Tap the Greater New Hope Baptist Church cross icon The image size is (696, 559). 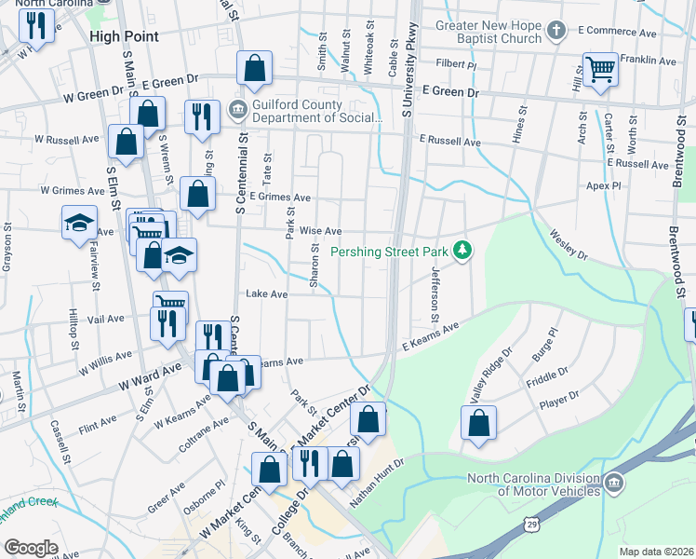pos(555,32)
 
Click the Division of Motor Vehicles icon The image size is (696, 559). pos(614,484)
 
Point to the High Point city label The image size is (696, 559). pos(124,36)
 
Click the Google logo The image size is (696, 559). pos(30,547)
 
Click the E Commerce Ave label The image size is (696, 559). pos(616,32)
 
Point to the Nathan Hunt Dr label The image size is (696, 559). pos(378,483)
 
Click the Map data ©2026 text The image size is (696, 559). pos(656,552)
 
